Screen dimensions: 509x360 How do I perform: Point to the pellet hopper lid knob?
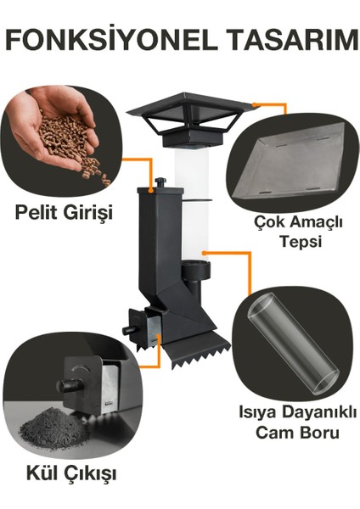(x=160, y=182)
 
